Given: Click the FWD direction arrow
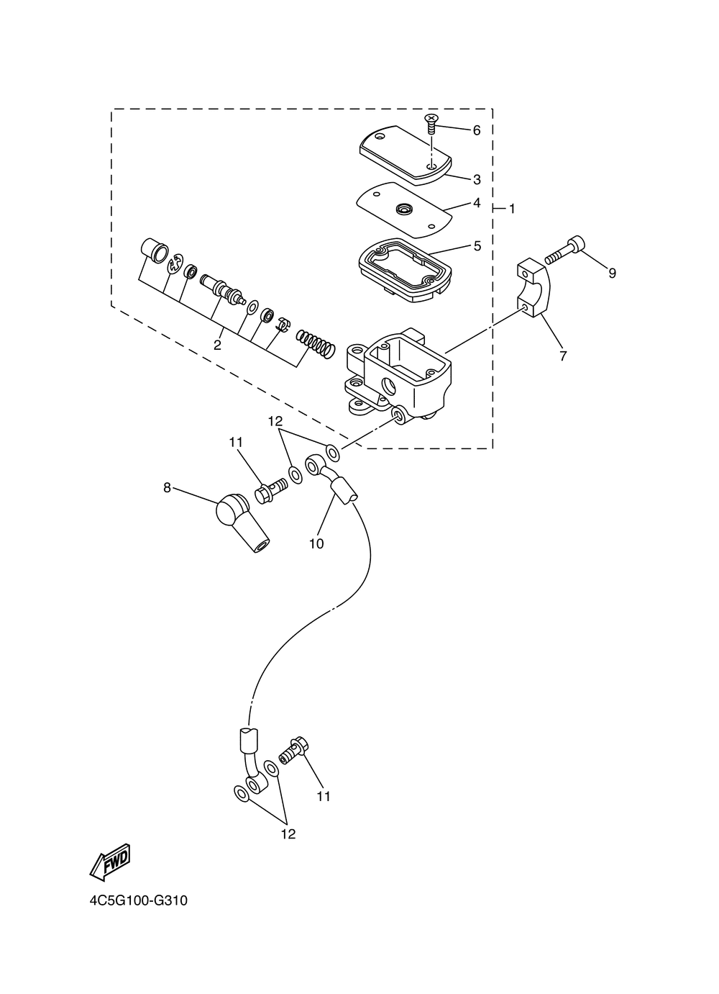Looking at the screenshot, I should click(x=110, y=862).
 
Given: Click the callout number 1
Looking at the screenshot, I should click(x=512, y=209).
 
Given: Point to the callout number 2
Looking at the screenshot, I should click(x=217, y=345).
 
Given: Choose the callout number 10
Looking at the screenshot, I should click(x=316, y=544).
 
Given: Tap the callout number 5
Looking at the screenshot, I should click(x=477, y=246).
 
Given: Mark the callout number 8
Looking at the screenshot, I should click(x=167, y=487).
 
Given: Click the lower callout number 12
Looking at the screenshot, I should click(x=288, y=834).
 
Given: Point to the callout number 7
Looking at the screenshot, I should click(x=563, y=356).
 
